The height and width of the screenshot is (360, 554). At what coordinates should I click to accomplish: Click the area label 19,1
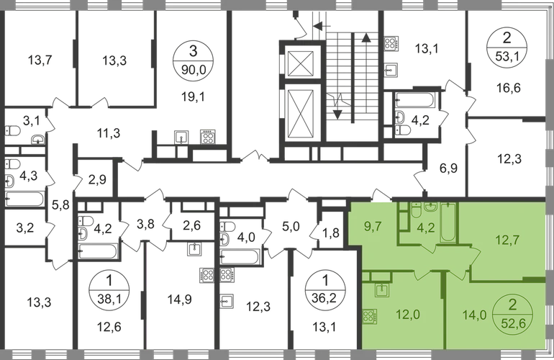[194, 96]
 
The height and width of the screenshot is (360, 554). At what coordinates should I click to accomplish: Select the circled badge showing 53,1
[507, 48]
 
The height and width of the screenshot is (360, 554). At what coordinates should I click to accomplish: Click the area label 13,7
[40, 60]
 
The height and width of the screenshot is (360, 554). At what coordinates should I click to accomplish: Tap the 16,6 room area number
[509, 88]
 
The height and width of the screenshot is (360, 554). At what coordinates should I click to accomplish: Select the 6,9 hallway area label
[449, 168]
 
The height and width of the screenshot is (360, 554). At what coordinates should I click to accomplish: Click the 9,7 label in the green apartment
[373, 226]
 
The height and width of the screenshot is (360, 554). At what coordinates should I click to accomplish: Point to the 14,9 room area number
[180, 300]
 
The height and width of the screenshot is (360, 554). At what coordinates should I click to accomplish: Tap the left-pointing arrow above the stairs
[322, 25]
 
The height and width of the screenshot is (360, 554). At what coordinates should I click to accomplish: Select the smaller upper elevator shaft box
[301, 64]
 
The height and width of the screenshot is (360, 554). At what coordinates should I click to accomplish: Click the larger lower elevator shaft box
[301, 114]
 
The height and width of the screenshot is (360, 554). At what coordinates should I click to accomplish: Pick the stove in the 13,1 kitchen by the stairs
[391, 42]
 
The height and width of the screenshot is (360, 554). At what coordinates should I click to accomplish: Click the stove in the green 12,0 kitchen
[370, 317]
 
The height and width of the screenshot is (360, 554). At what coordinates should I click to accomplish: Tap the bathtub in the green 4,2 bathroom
[449, 222]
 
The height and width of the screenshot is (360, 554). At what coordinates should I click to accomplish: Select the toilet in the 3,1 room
[13, 131]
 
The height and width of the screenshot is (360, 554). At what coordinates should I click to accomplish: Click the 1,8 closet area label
[332, 233]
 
